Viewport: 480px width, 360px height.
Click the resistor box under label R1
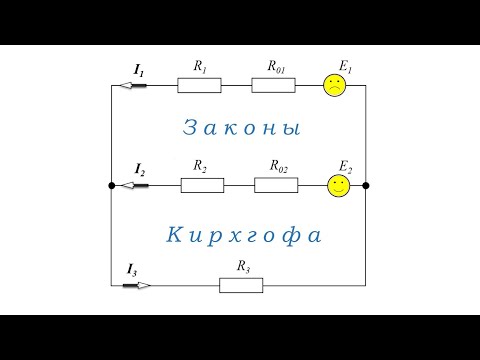click(199, 85)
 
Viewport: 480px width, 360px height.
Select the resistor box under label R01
click(273, 85)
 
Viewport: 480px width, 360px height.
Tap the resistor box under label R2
click(202, 185)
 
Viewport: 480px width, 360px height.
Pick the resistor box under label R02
click(277, 185)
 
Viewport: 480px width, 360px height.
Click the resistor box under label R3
click(241, 285)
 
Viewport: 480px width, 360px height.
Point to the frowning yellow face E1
click(333, 86)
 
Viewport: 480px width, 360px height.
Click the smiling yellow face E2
click(340, 185)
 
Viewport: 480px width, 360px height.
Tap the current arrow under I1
click(133, 85)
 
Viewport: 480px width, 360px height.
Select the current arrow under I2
click(133, 185)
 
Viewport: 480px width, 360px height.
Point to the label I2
click(139, 171)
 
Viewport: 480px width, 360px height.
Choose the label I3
click(132, 269)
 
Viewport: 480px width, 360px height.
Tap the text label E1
click(346, 65)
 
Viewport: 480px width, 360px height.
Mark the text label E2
click(345, 165)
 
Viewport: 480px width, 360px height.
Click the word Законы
click(243, 129)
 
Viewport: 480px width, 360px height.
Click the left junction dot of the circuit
click(110, 185)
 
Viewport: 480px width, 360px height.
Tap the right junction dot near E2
click(366, 185)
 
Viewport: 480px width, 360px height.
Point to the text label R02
click(279, 166)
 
